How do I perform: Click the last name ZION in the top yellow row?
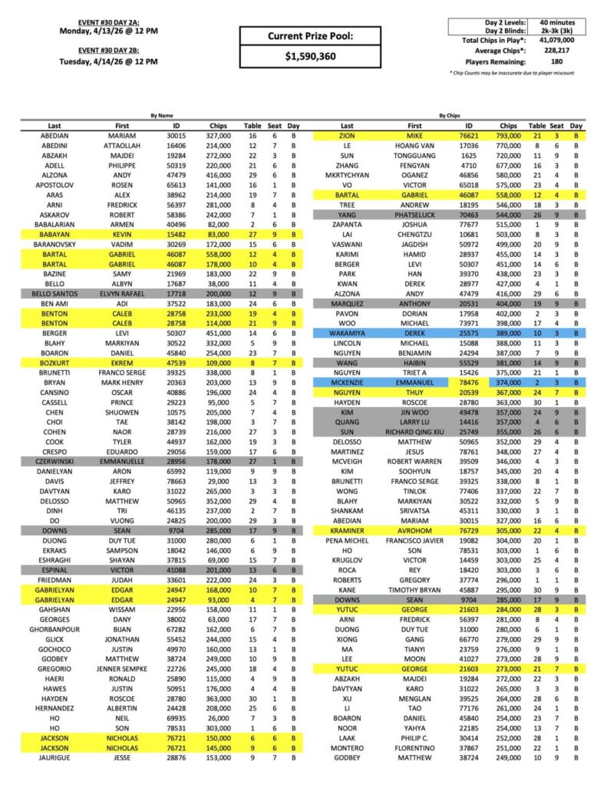click(347, 133)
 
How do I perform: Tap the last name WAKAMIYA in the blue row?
click(347, 333)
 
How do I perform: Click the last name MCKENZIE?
click(347, 381)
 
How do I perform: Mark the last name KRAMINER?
click(347, 530)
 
